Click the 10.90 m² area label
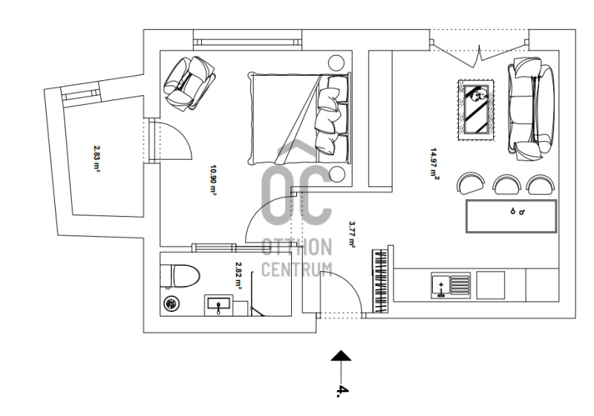click(x=213, y=180)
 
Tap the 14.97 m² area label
click(x=434, y=163)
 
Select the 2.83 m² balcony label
click(x=97, y=159)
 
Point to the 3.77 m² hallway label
click(x=351, y=235)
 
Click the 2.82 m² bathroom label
click(x=238, y=276)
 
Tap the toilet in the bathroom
click(x=180, y=276)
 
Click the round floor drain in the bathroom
click(x=172, y=304)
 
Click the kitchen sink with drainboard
click(x=451, y=285)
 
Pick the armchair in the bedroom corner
click(x=189, y=84)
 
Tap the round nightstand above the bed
click(x=336, y=63)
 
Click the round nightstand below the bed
click(x=337, y=175)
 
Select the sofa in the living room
click(x=531, y=108)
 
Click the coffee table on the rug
click(x=476, y=109)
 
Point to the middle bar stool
click(x=506, y=184)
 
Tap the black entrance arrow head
click(x=341, y=355)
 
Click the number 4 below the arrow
click(x=342, y=391)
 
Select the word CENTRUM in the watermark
click(x=296, y=269)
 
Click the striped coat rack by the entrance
click(x=380, y=281)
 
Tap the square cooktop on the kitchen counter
click(x=490, y=285)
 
